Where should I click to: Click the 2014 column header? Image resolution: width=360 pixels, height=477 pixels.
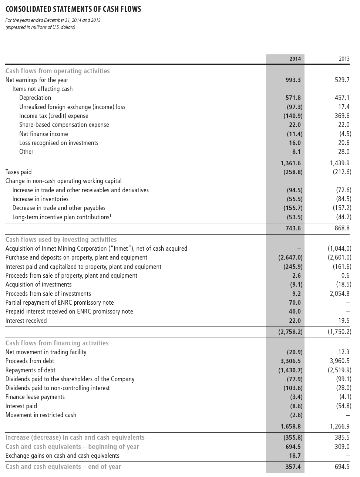pyautogui.click(x=295, y=59)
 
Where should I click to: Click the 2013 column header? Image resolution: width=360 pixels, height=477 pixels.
pyautogui.click(x=344, y=59)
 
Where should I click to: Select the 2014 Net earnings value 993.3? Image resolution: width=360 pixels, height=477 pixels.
pyautogui.click(x=293, y=80)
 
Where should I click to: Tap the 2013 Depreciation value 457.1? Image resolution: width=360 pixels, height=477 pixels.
pyautogui.click(x=342, y=98)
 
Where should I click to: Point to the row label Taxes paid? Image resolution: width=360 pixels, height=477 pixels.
pyautogui.click(x=18, y=172)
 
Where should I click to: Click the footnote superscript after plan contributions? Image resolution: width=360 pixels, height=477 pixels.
pyautogui.click(x=110, y=216)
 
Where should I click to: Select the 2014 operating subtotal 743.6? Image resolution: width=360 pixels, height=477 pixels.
pyautogui.click(x=293, y=228)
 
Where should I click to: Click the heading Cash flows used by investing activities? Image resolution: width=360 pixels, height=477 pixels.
pyautogui.click(x=61, y=240)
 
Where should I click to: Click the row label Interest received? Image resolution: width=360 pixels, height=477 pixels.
pyautogui.click(x=26, y=321)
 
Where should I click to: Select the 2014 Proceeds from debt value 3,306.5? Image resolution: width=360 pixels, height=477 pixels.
pyautogui.click(x=290, y=361)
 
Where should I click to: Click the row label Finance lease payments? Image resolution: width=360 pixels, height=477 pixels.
pyautogui.click(x=35, y=397)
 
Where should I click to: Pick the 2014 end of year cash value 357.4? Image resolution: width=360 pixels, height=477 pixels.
pyautogui.click(x=293, y=467)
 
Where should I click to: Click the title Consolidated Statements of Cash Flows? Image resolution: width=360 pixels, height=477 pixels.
pyautogui.click(x=73, y=9)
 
